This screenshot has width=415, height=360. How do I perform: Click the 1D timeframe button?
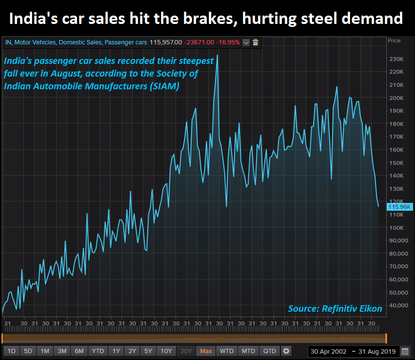pyautogui.click(x=12, y=351)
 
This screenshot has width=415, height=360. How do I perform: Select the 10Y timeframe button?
pyautogui.click(x=166, y=351)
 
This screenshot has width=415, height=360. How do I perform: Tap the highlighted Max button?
pyautogui.click(x=206, y=351)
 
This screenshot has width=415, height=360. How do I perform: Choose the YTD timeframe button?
pyautogui.click(x=98, y=351)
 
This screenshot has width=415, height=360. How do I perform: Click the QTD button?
pyautogui.click(x=269, y=351)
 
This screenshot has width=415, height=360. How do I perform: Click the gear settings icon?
pyautogui.click(x=286, y=351)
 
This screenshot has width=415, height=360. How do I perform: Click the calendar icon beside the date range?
pyautogui.click(x=405, y=351)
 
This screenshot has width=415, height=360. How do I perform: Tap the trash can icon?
pyautogui.click(x=256, y=42)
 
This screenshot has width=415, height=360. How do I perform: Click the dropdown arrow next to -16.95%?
pyautogui.click(x=246, y=42)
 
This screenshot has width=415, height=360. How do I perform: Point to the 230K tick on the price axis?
pyautogui.click(x=396, y=59)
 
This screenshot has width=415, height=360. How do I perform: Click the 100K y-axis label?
pyautogui.click(x=396, y=227)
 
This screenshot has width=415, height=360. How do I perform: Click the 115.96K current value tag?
pyautogui.click(x=399, y=207)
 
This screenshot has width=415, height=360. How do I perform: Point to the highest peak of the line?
pyautogui.click(x=217, y=55)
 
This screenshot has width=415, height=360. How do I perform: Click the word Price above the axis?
pyautogui.click(x=394, y=40)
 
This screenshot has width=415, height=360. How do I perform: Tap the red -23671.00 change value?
pyautogui.click(x=199, y=42)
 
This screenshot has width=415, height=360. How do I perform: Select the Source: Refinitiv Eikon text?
pyautogui.click(x=335, y=309)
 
